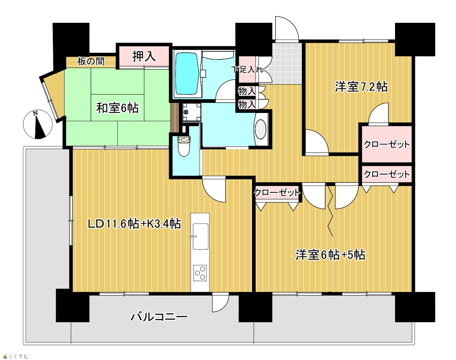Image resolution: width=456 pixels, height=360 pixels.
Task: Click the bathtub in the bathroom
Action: (187, 73)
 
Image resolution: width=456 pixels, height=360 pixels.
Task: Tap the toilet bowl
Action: (184, 146)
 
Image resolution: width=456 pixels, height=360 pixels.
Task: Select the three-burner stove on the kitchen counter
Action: (200, 273)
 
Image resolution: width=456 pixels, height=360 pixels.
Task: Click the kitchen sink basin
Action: (200, 236)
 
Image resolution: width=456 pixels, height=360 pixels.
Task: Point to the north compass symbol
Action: (37, 124)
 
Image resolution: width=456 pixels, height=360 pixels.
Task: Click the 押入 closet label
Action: (144, 56)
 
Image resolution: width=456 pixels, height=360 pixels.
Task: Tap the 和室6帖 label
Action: (117, 108)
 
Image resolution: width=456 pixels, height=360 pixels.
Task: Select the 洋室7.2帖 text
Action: (361, 87)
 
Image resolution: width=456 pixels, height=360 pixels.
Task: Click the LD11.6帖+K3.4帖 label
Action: (134, 224)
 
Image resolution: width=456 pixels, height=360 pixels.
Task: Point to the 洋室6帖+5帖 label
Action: (331, 255)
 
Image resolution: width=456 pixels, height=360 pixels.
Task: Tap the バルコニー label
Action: (159, 317)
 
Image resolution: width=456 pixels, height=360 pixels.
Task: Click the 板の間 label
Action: (91, 61)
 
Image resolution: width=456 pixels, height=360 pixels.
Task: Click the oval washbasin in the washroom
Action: (260, 129)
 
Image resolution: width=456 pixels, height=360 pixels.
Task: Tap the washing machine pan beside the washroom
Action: (191, 112)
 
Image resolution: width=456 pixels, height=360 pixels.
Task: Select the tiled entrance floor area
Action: (287, 63)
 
